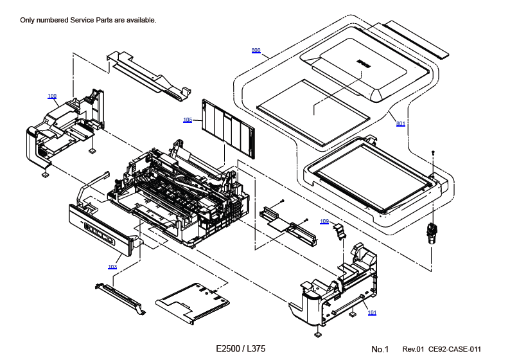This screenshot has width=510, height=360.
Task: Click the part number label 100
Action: coord(52,96)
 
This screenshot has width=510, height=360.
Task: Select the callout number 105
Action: coord(188,120)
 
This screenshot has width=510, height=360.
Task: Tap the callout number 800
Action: coord(256,50)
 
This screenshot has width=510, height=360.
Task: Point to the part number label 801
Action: coord(401,123)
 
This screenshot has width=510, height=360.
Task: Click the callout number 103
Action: coord(112,266)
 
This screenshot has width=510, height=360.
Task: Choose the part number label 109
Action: coord(324,221)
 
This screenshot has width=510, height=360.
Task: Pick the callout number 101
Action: coord(372,312)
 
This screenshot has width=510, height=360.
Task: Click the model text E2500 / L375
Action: coord(240,348)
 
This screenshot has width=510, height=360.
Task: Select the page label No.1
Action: coord(380,349)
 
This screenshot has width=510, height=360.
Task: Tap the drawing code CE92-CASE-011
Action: coord(455,349)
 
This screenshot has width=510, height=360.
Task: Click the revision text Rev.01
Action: coord(414,349)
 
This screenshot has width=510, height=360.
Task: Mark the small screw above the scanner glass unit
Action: coord(434,152)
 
